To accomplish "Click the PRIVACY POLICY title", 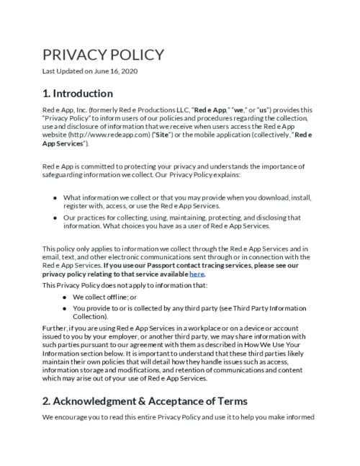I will [x=103, y=55].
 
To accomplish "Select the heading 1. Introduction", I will [x=77, y=94].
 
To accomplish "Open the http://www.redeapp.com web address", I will [x=99, y=135].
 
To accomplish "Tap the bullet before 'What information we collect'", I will [x=55, y=197].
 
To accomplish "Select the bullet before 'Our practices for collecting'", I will [x=55, y=218].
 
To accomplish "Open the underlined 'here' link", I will [x=197, y=274].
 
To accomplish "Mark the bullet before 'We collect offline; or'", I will [x=66, y=296].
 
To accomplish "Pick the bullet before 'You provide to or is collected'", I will [x=66, y=308].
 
